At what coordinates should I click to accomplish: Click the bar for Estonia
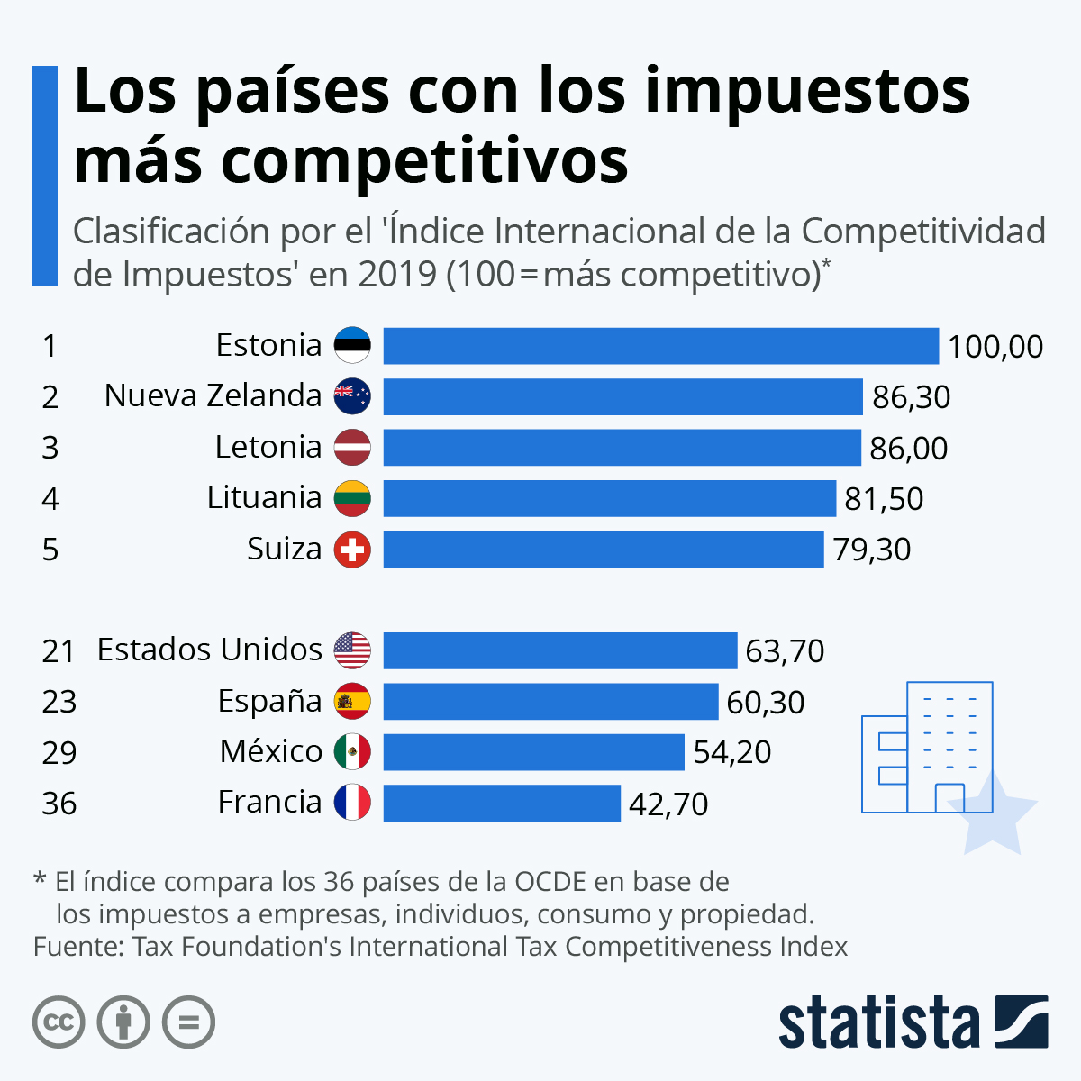pos(660,346)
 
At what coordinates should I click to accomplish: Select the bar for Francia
pos(502,803)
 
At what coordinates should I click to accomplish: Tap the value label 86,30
pos(911,397)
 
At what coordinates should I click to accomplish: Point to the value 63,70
pos(785,651)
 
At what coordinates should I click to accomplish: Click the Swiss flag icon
pos(352,550)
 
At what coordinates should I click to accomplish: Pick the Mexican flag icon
pos(352,751)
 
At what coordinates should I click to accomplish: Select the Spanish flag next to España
pos(352,701)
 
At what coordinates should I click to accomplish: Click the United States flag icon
pos(352,650)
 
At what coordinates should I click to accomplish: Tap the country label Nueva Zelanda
pos(213,395)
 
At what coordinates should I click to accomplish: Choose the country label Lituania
pos(264,497)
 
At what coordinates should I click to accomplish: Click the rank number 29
pos(59,752)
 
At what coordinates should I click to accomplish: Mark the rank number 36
pos(59,803)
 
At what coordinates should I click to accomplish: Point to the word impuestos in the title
pos(807,91)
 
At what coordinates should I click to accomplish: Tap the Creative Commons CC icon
pos(59,1022)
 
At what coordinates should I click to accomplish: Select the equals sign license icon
pos(188,1022)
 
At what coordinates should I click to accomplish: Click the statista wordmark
pos(878,1022)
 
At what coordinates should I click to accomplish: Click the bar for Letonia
pos(622,448)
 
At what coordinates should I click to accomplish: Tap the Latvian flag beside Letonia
pos(352,448)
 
